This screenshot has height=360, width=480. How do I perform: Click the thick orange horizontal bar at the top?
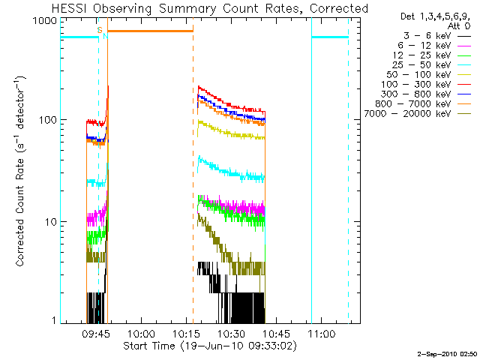[x=150, y=31]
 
